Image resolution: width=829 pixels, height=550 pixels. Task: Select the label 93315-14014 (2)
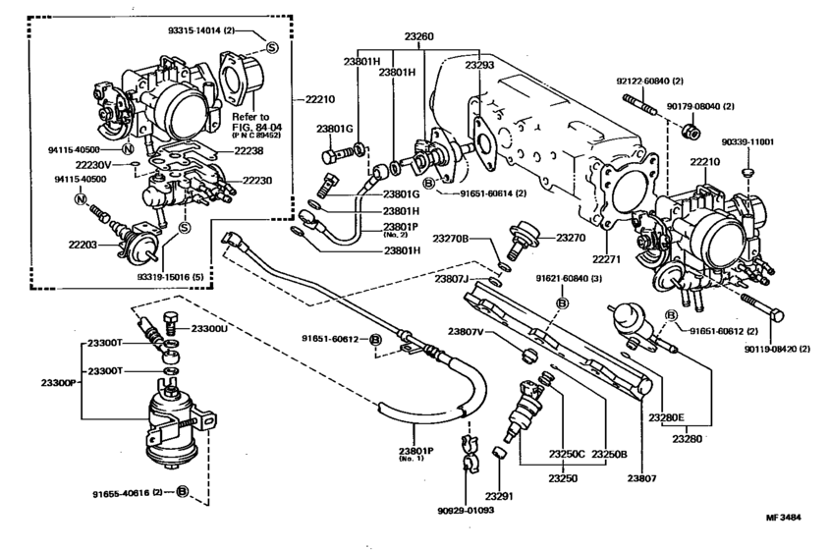click(x=204, y=30)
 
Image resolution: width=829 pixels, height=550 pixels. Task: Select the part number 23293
click(x=479, y=65)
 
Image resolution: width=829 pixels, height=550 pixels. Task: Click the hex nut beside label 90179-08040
click(x=691, y=130)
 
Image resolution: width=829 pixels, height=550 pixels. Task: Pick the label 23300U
click(x=209, y=328)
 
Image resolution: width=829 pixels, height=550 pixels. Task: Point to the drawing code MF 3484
click(x=783, y=517)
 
